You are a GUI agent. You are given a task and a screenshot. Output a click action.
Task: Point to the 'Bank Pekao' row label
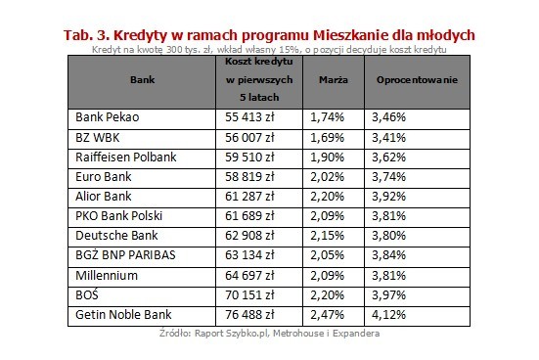pos(107,116)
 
